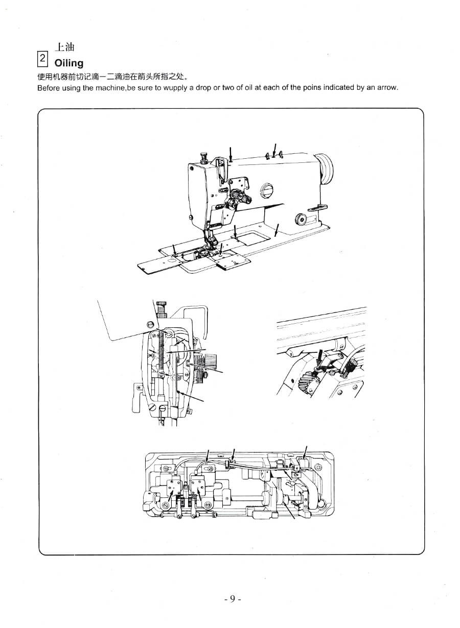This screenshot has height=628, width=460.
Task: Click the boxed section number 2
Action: pos(42,59)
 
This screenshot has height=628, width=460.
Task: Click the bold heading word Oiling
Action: pos(69,63)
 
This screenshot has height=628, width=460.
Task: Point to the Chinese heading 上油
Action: pos(64,47)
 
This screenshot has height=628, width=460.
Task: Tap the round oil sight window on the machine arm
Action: pos(266,191)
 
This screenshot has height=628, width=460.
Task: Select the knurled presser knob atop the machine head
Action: pos(204,157)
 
